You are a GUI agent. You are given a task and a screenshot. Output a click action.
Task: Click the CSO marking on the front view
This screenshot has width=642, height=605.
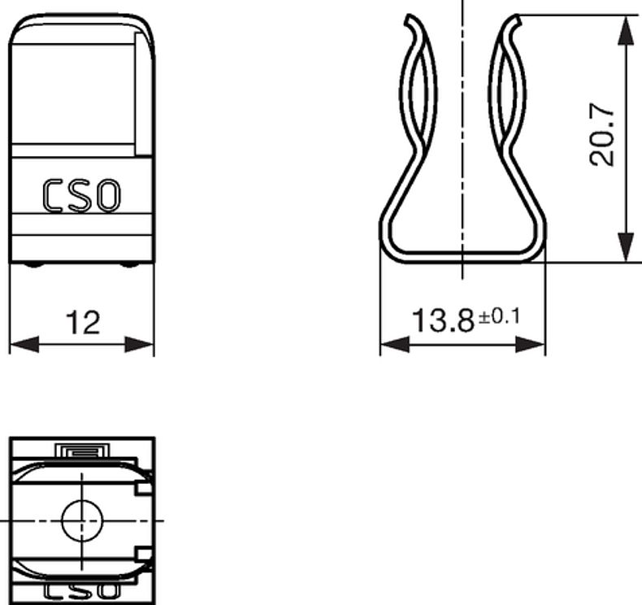[82, 196]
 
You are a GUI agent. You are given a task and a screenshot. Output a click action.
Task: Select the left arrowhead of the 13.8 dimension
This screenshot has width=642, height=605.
[394, 345]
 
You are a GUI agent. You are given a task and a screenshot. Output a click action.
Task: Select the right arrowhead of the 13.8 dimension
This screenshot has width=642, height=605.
[531, 345]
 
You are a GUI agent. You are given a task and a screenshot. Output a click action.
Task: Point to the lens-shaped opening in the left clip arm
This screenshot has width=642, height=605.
[419, 98]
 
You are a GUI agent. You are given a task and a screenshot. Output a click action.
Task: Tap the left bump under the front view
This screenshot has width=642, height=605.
[33, 265]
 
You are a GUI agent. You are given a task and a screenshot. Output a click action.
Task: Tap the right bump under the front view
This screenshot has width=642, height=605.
[130, 265]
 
